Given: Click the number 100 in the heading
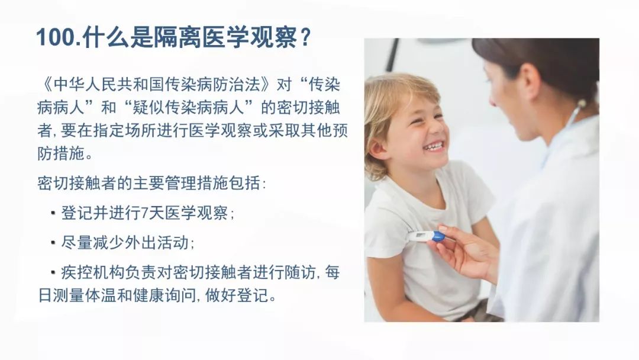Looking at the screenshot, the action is point(56,38).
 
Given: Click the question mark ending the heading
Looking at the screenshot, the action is point(305,38).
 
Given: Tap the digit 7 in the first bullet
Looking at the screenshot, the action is point(144,213).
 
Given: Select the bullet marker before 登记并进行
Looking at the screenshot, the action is point(53,213).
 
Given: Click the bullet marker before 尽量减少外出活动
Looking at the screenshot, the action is point(53,243).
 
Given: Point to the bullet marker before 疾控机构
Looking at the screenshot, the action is point(53,272).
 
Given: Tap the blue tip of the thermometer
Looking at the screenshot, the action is point(438,236).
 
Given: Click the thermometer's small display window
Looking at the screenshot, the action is point(420,235).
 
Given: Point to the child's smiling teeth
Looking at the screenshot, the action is point(434,145).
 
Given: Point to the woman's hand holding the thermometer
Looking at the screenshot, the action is point(464,253).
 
